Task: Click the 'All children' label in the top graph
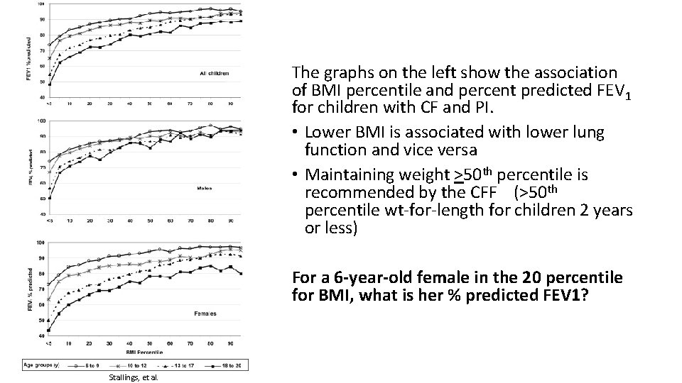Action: tap(213, 73)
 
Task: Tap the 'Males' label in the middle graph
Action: tap(204, 188)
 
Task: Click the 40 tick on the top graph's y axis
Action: tap(43, 96)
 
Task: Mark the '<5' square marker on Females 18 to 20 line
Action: tap(49, 331)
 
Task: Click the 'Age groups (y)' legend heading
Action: tap(45, 365)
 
